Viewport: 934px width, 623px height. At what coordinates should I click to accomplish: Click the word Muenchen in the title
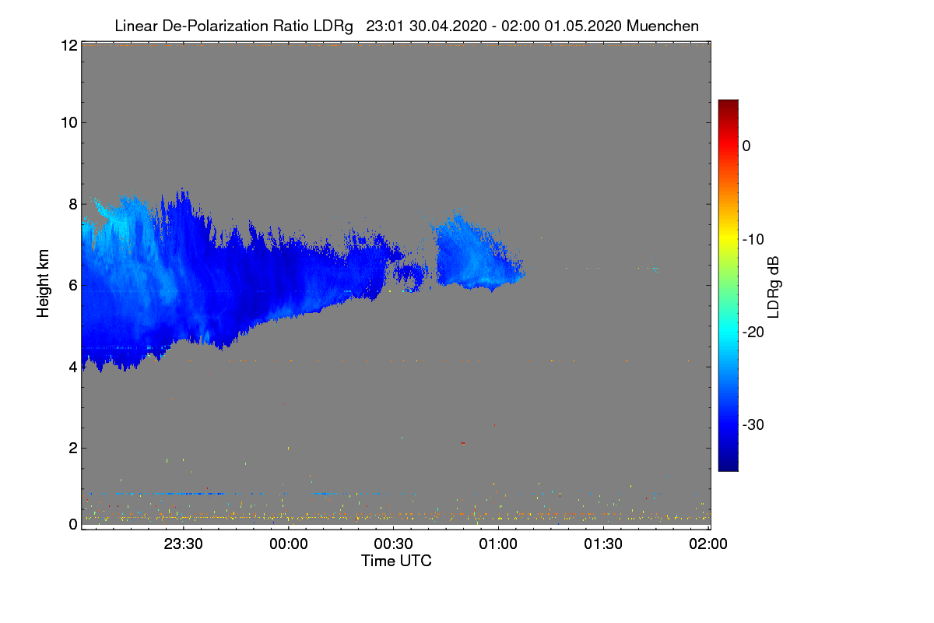(662, 26)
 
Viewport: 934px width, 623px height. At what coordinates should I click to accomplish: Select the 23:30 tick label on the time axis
(183, 544)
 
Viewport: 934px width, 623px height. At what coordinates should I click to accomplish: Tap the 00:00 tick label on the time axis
(289, 544)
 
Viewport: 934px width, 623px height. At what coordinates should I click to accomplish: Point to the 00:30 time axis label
(393, 544)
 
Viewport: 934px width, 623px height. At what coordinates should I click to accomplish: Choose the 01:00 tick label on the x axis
(498, 544)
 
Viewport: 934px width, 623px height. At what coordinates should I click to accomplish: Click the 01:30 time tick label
(603, 544)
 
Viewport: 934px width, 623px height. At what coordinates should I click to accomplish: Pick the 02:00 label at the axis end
(708, 544)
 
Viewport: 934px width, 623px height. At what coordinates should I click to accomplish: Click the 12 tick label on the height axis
(69, 45)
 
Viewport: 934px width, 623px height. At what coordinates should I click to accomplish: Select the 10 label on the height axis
(69, 123)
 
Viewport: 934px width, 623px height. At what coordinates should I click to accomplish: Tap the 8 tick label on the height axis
(73, 204)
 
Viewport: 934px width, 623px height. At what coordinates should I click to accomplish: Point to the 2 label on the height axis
(73, 448)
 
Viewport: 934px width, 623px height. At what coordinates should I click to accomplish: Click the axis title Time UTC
(396, 561)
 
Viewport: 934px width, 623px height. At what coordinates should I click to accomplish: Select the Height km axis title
(43, 283)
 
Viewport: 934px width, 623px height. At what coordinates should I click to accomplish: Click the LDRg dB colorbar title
(774, 287)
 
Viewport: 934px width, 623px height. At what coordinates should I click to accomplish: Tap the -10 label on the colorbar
(753, 240)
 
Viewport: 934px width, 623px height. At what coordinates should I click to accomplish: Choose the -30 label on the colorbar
(753, 424)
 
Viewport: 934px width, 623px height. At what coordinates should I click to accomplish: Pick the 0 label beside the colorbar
(746, 146)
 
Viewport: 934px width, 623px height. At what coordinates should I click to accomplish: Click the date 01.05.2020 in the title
(583, 26)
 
